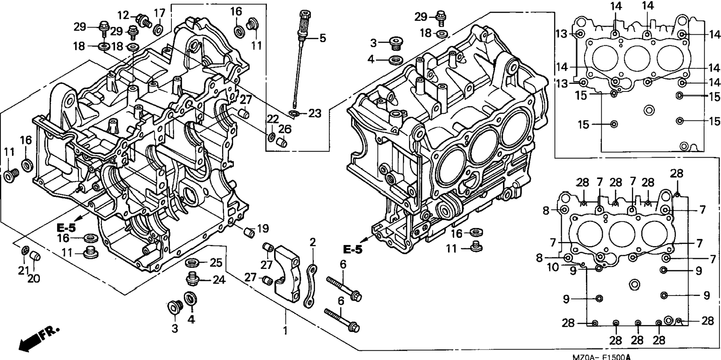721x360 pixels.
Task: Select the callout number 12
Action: pyautogui.click(x=123, y=16)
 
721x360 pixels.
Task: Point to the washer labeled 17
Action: pyautogui.click(x=158, y=29)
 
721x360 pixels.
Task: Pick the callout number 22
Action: pyautogui.click(x=273, y=119)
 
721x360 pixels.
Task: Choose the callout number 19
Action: pyautogui.click(x=262, y=228)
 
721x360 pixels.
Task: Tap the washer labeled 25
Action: pyautogui.click(x=192, y=262)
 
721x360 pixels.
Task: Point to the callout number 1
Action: pyautogui.click(x=286, y=331)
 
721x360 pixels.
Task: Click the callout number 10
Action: pyautogui.click(x=553, y=267)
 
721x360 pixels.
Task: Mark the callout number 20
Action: pyautogui.click(x=34, y=278)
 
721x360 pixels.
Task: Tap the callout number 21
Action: pyautogui.click(x=23, y=270)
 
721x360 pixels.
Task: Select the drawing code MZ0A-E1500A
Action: pyautogui.click(x=601, y=357)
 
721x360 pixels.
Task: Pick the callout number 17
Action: pyautogui.click(x=160, y=13)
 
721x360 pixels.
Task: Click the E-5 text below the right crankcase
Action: pyautogui.click(x=352, y=250)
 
